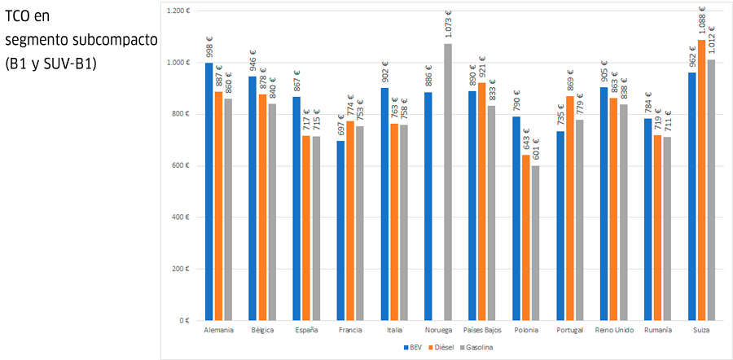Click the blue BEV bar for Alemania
209,191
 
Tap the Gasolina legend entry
476,348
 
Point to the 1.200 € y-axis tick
177,11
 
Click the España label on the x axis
307,331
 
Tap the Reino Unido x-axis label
614,331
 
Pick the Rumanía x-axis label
657,331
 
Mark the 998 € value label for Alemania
209,48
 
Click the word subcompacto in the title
112,40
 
